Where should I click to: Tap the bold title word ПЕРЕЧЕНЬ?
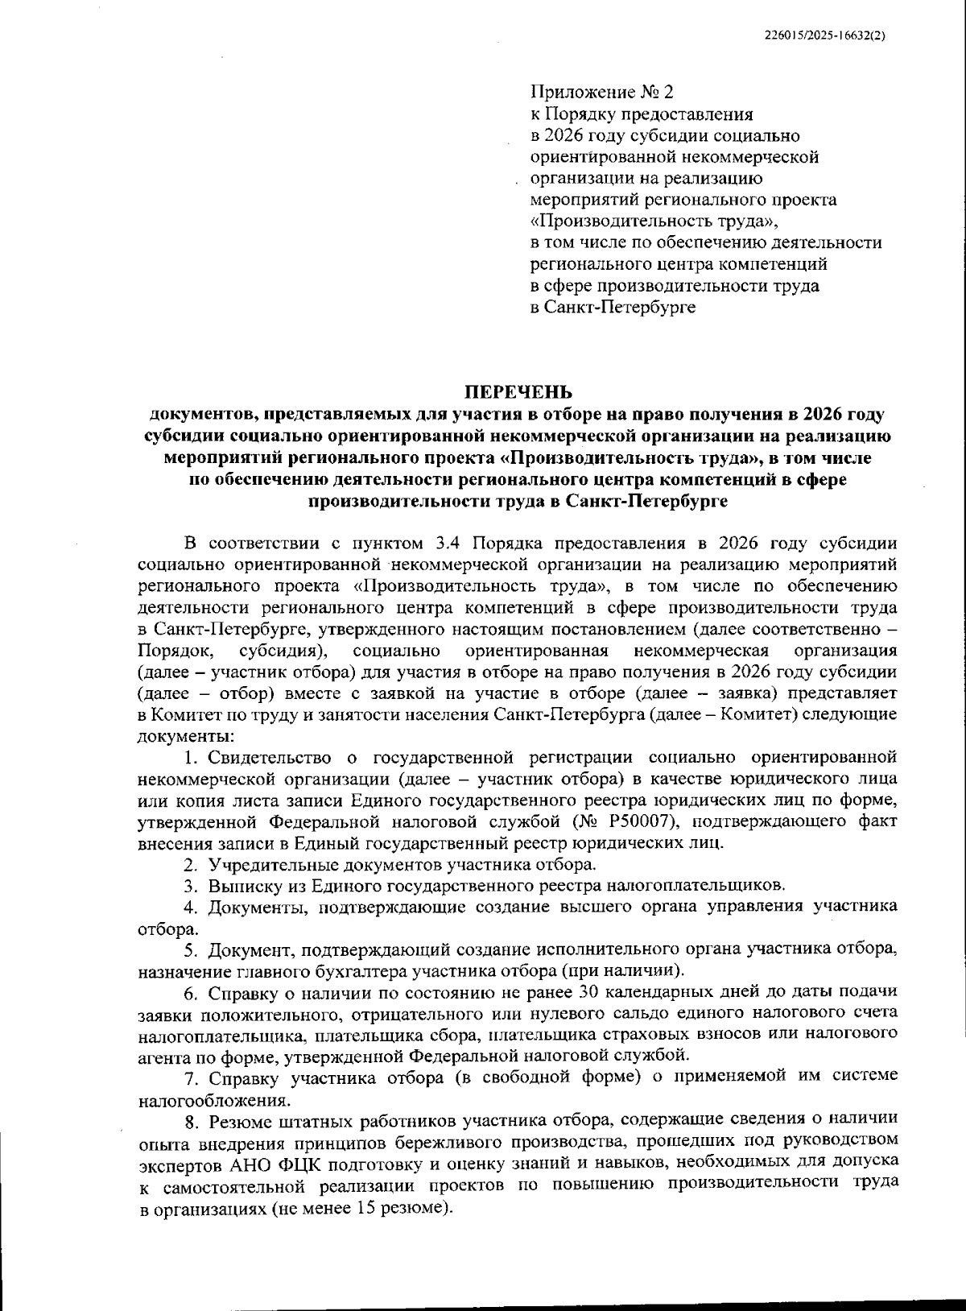[518, 393]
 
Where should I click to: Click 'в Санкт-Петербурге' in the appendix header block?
[612, 307]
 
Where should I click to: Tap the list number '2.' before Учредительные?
[191, 865]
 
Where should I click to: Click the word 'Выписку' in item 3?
[238, 886]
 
